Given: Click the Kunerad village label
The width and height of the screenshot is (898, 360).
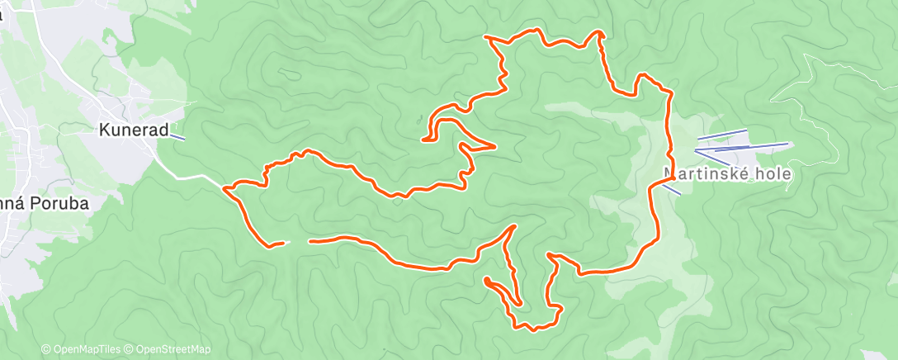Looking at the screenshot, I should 134,130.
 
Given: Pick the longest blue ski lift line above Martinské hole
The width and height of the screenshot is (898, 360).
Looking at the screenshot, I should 741,148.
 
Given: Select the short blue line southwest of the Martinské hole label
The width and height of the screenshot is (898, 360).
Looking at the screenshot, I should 671,189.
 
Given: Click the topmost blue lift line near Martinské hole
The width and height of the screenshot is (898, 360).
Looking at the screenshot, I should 722,134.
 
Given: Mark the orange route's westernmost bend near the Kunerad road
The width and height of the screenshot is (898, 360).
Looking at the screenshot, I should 225,188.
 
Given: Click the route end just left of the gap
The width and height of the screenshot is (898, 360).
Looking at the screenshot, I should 283,242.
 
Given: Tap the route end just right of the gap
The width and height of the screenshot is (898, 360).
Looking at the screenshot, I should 310,242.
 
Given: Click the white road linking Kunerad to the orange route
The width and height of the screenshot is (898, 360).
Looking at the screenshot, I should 195,174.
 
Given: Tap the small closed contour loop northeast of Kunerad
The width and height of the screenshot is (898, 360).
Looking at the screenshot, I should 290,74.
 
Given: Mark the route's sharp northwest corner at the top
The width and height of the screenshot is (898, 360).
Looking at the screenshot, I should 485,37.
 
